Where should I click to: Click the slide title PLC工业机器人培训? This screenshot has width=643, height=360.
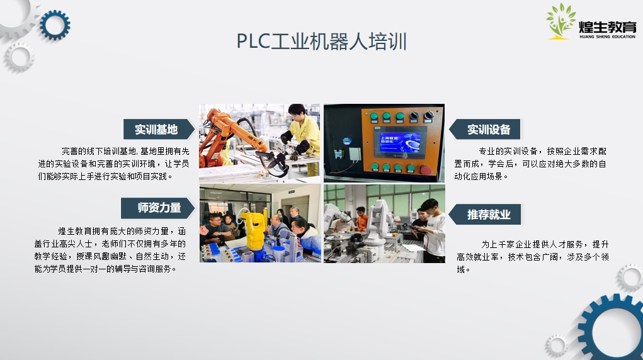pyautogui.click(x=321, y=42)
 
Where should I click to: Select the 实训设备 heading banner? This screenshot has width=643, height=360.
pyautogui.click(x=485, y=130)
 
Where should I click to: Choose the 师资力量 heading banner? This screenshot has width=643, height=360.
pyautogui.click(x=158, y=208)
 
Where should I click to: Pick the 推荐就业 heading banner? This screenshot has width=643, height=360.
pyautogui.click(x=485, y=215)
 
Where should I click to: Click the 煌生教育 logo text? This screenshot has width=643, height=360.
pyautogui.click(x=607, y=27)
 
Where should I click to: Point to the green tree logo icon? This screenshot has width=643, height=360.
pyautogui.click(x=560, y=21)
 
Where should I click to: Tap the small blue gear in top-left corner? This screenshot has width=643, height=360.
pyautogui.click(x=55, y=25)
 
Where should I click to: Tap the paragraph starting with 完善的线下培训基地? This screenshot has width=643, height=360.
pyautogui.click(x=113, y=164)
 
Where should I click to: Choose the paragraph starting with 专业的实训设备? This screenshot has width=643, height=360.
pyautogui.click(x=530, y=164)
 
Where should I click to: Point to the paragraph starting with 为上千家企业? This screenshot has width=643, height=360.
pyautogui.click(x=533, y=257)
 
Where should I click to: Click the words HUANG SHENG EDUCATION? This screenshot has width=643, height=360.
pyautogui.click(x=607, y=37)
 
